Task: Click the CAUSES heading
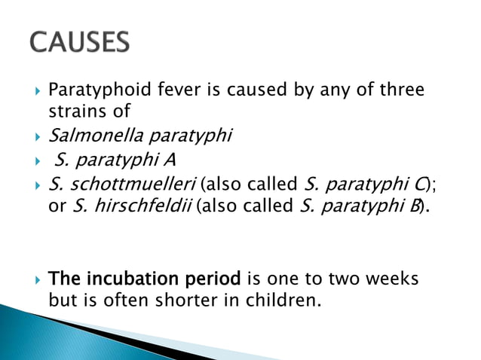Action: [x=78, y=42]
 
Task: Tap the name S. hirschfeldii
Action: [x=131, y=206]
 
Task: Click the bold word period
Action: [x=214, y=279]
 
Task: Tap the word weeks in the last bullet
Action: [x=391, y=279]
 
